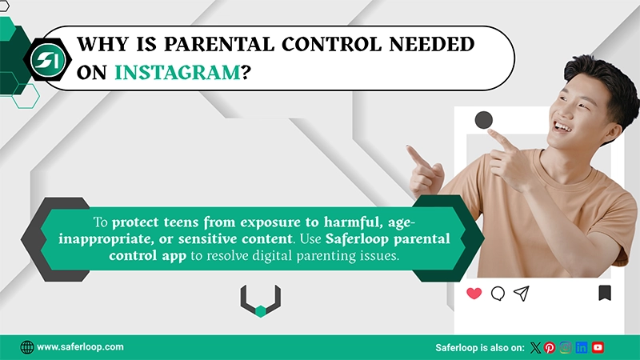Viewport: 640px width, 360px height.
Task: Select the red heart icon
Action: [x=474, y=294]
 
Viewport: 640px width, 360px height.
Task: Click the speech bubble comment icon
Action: [x=498, y=294]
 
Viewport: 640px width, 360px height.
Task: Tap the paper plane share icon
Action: [x=522, y=294]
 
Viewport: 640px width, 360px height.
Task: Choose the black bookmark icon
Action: [x=605, y=294]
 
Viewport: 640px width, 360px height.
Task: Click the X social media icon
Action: [x=536, y=347]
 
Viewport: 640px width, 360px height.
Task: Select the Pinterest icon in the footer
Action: [x=550, y=347]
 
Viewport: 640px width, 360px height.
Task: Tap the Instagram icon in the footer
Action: [x=566, y=347]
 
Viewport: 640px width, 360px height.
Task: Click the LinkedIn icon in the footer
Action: [x=582, y=347]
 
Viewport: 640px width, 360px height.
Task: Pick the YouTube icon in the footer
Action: [x=598, y=347]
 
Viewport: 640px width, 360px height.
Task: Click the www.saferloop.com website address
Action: [x=80, y=347]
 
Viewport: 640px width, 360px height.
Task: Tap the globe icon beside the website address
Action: [x=27, y=347]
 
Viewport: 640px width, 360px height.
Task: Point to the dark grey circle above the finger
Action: [x=483, y=121]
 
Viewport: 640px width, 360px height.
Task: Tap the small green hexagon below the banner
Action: [x=260, y=311]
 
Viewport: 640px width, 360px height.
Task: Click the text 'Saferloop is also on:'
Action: [x=479, y=347]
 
